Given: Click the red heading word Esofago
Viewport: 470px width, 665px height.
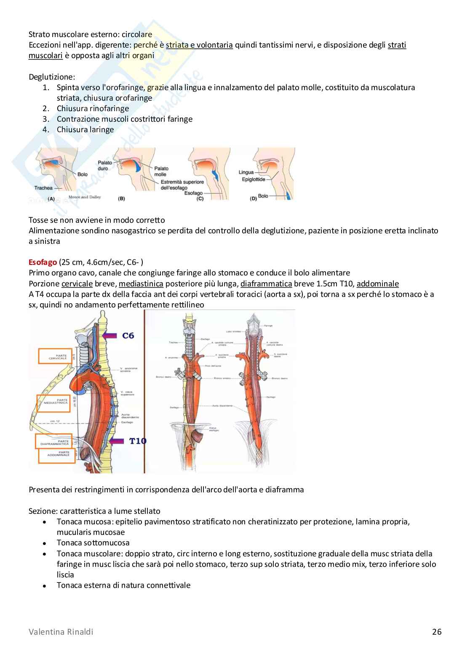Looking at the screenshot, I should [x=43, y=262].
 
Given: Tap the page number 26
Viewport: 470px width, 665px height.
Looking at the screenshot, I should [x=437, y=631].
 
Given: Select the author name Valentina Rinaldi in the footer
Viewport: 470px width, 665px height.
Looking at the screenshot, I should [x=61, y=631].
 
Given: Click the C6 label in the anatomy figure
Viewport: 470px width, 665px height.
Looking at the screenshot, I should [x=128, y=336].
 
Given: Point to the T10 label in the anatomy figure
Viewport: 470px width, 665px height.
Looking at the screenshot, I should [x=138, y=441].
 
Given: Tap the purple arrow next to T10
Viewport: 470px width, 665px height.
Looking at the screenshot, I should [x=117, y=441].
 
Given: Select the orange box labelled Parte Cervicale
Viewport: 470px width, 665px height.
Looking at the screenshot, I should [x=55, y=356].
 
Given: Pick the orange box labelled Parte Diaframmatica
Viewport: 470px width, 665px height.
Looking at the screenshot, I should [x=55, y=441].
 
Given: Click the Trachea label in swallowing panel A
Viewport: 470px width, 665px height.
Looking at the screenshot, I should [x=44, y=188].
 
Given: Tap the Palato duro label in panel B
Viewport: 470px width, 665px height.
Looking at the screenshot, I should [x=105, y=166].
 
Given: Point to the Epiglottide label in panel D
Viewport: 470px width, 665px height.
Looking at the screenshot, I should [x=254, y=179].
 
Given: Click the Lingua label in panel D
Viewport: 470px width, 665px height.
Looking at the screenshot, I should [x=246, y=172].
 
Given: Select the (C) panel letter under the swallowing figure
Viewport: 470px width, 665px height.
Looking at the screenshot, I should [x=200, y=198].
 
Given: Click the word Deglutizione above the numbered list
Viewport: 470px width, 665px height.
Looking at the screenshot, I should [x=52, y=77].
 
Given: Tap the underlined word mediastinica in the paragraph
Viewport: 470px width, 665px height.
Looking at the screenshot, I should [x=141, y=284].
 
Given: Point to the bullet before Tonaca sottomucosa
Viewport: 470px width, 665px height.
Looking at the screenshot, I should [x=44, y=543].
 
